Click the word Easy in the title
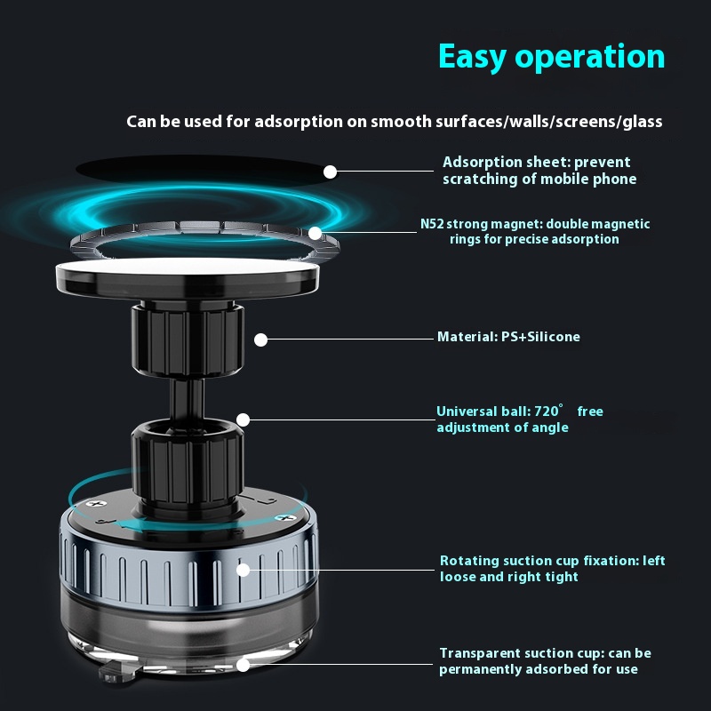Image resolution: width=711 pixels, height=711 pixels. pos(472,57)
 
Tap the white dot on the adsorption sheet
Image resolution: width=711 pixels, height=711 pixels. pos(330,172)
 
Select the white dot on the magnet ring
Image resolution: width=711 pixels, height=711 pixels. pos(316,234)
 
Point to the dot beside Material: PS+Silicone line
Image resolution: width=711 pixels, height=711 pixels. pos(260,340)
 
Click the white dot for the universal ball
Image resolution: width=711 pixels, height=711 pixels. pos(243,419)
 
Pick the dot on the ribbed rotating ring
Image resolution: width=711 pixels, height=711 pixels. pos(243,570)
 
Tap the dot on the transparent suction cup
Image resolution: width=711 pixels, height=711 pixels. pos(243,665)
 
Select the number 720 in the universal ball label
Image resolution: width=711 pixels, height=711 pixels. pos(547,411)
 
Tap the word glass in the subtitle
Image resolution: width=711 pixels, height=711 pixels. pos(643,122)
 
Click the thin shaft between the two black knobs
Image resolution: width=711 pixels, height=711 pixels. pos(187,398)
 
